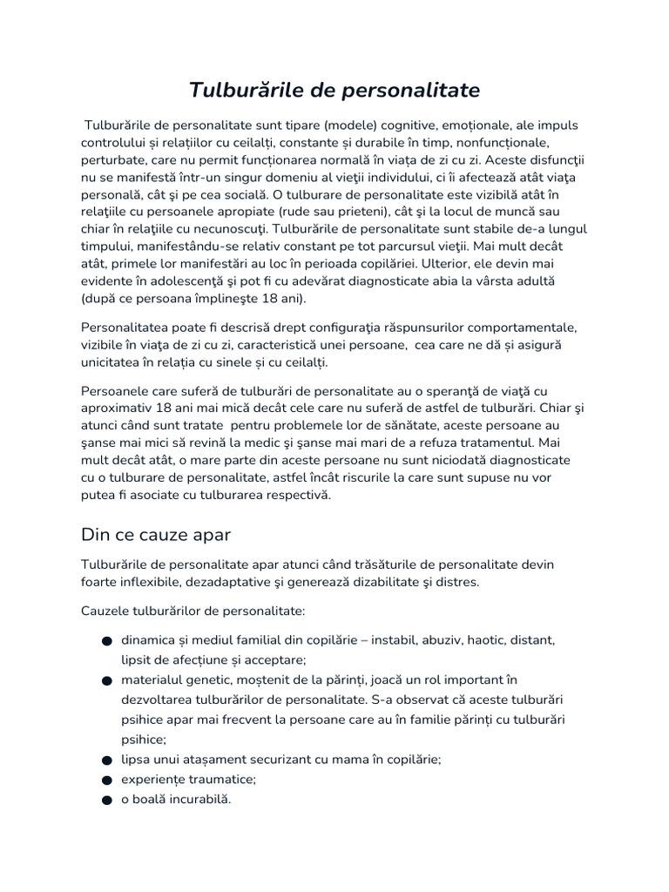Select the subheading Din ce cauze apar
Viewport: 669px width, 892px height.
[x=155, y=533]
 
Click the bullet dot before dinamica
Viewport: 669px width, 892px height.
[x=106, y=641]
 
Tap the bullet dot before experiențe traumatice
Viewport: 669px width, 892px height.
[x=106, y=780]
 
